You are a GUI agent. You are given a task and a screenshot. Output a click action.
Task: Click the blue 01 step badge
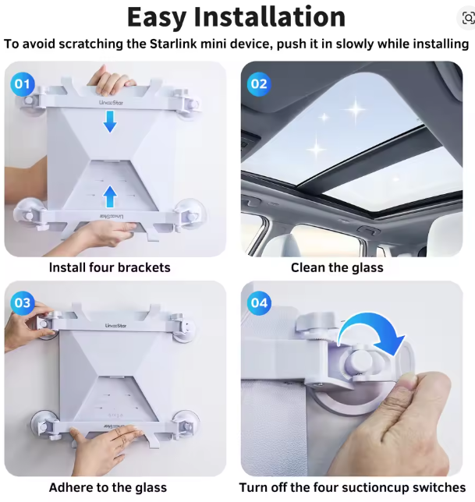[x=23, y=83]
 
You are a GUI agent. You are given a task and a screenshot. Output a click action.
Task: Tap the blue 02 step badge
[x=258, y=83]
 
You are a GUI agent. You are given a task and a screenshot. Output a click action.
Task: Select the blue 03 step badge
[x=23, y=302]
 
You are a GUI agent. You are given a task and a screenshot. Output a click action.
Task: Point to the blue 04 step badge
[x=258, y=302]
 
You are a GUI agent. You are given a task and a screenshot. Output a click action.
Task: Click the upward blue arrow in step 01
[x=110, y=196]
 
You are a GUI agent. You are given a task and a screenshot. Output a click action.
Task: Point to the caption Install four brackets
[x=109, y=267]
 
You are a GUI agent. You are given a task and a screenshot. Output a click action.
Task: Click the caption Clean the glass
[x=337, y=267]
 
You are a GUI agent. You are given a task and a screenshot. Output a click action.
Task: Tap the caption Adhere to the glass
[x=108, y=487]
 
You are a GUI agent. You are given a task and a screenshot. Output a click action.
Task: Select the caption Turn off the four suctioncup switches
[x=353, y=487]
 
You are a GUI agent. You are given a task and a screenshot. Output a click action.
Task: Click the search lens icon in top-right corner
[x=464, y=16]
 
